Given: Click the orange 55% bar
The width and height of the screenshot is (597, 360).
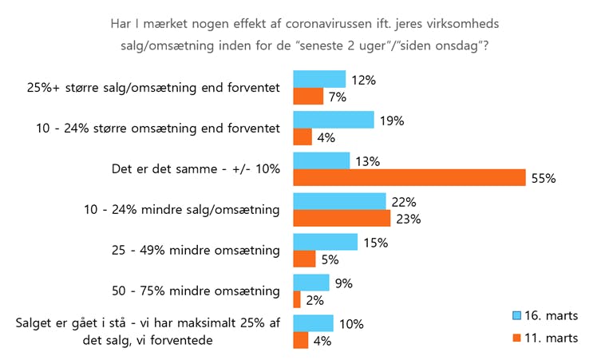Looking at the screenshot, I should tap(409, 178).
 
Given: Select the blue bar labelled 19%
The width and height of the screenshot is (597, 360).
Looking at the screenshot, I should tap(334, 120).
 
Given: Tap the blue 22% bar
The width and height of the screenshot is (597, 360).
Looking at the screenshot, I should tap(340, 202).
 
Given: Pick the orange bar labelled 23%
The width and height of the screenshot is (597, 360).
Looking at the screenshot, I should tap(342, 219).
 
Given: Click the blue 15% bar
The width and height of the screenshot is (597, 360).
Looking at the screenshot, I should tap(326, 242).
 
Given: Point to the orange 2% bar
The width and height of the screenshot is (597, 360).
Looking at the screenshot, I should tap(297, 299).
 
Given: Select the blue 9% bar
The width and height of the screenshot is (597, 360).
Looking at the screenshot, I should tap(311, 283).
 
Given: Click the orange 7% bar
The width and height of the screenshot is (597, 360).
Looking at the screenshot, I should tap(308, 97).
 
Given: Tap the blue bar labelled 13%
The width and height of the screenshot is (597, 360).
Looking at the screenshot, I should tap(322, 160).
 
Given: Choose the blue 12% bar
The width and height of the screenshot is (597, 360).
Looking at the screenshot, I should tap(319, 79).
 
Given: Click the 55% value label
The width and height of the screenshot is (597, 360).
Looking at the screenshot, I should tap(544, 178).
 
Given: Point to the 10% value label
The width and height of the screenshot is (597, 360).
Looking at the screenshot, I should tap(352, 324).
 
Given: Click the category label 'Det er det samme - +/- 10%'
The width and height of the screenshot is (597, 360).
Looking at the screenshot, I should tap(196, 169).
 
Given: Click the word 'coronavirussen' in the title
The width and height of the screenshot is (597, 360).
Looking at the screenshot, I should tap(314, 24).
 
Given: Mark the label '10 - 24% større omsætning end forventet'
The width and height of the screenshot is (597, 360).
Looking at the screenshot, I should tap(159, 128).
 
